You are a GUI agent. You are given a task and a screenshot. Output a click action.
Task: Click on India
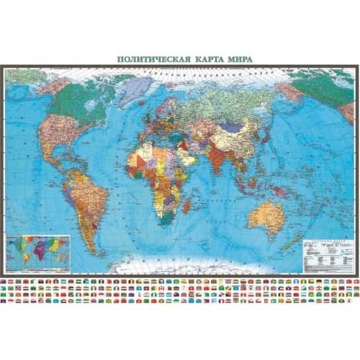click(x=217, y=158)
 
